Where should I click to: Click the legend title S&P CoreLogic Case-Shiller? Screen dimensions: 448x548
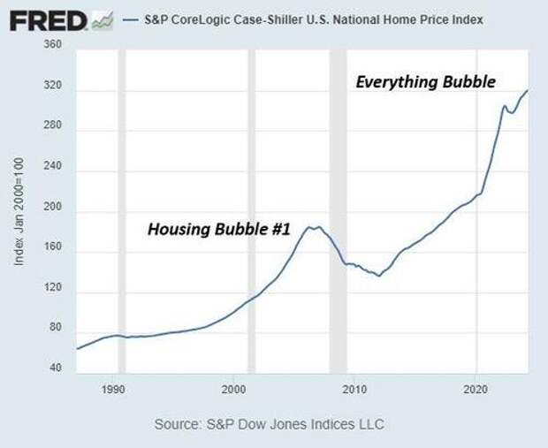tap(309, 19)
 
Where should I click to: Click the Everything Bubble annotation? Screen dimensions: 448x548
tap(425, 82)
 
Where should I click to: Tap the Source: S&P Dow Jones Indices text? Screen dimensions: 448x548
tap(270, 426)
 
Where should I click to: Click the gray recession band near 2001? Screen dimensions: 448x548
tap(252, 212)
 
